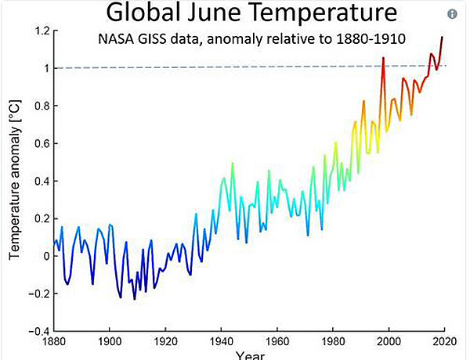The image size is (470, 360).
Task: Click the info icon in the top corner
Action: (x=452, y=14)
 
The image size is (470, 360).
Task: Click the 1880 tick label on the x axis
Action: (x=54, y=342)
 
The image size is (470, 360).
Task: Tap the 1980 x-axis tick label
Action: (x=334, y=342)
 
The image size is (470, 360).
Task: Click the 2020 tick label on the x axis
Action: (x=445, y=342)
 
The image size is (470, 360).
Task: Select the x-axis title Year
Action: (x=249, y=355)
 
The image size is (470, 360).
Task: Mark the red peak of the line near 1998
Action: (x=383, y=58)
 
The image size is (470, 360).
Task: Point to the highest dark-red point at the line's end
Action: (x=443, y=37)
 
